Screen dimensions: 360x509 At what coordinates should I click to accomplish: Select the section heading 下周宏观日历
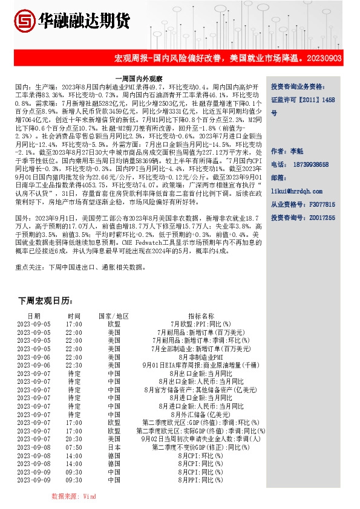(x=45, y=300)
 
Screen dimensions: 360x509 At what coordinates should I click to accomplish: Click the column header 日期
(x=34, y=316)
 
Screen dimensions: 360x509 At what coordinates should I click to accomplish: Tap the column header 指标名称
(x=201, y=316)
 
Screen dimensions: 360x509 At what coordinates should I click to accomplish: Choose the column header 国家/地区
(x=114, y=316)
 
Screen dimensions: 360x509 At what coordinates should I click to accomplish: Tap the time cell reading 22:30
(x=74, y=365)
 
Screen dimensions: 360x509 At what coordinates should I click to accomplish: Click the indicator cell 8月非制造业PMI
(x=201, y=357)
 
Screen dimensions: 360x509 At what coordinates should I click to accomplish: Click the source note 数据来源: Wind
(x=74, y=495)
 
